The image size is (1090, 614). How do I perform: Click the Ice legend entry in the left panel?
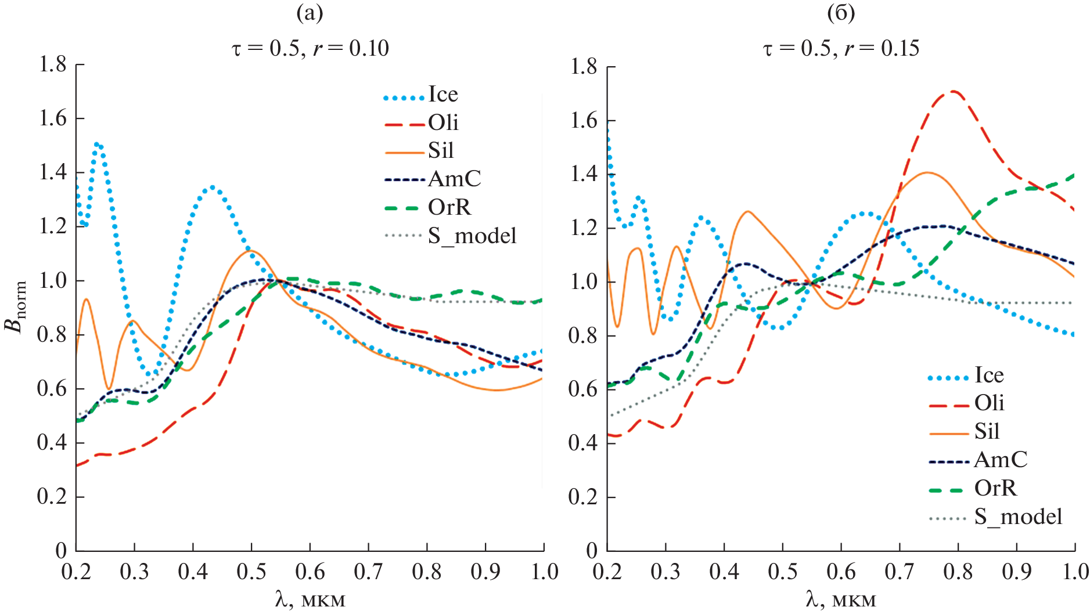[443, 95]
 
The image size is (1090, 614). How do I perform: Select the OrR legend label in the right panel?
[995, 489]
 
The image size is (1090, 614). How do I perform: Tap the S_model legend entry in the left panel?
[472, 236]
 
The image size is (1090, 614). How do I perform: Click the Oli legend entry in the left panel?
[443, 123]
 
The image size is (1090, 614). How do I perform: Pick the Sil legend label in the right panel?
[987, 432]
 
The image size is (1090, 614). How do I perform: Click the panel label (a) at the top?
[310, 13]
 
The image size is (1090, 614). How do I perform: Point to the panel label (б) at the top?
[841, 13]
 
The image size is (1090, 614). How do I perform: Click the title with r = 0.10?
[310, 48]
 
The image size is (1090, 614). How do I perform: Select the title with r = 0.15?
[841, 48]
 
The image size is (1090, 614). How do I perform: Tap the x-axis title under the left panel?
[310, 599]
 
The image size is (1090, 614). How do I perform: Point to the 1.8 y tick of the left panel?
[53, 64]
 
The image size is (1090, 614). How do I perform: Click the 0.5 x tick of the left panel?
[251, 572]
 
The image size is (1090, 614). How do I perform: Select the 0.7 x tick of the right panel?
[899, 572]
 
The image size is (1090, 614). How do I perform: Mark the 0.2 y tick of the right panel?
[583, 497]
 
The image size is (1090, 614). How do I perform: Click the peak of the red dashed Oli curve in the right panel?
[953, 91]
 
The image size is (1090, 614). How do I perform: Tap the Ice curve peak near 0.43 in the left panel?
[212, 187]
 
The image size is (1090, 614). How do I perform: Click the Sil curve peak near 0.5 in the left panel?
[251, 251]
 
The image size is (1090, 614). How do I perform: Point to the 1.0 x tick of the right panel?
[1075, 572]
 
